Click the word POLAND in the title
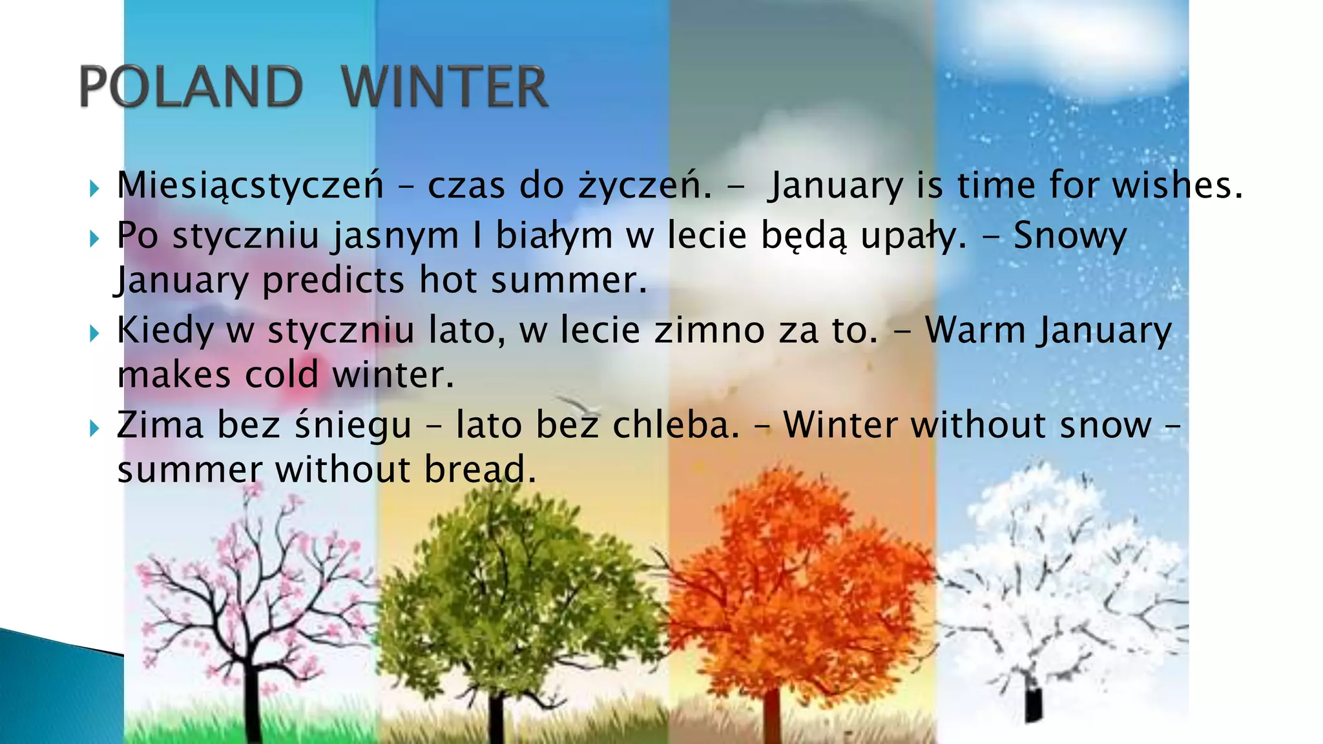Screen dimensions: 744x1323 [x=191, y=87]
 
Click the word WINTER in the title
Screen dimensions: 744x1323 [x=444, y=87]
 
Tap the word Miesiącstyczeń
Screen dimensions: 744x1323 [x=250, y=186]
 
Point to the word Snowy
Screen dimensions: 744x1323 [x=1070, y=235]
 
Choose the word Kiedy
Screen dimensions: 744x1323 [x=165, y=331]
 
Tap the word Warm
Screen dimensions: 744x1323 [x=975, y=330]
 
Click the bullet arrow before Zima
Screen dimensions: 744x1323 [x=94, y=428]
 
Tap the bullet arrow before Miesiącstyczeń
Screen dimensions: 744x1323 [x=94, y=189]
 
